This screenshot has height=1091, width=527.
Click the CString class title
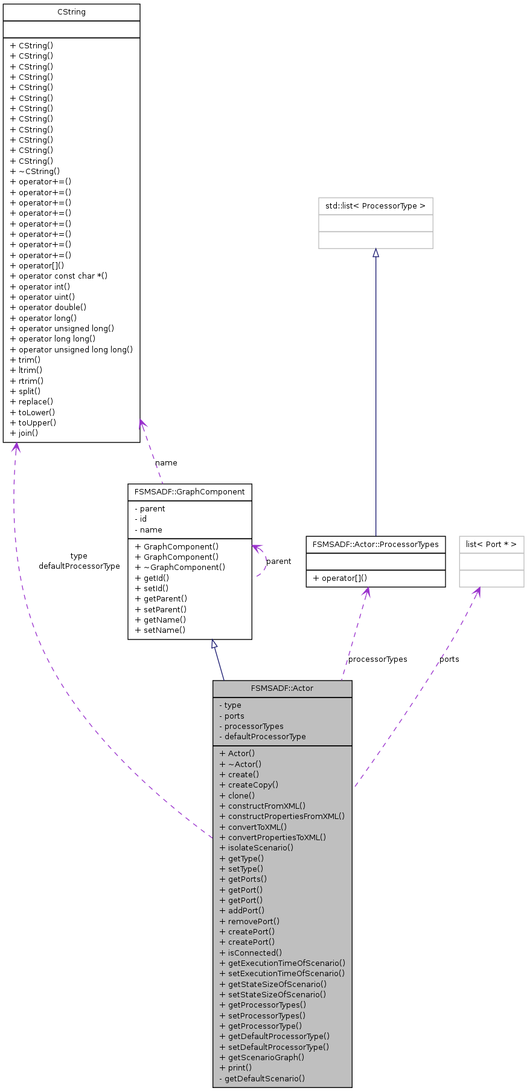(x=71, y=12)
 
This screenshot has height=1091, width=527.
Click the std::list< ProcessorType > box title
(x=375, y=206)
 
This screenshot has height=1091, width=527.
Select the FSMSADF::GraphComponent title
(x=190, y=492)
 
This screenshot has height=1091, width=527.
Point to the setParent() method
(x=165, y=609)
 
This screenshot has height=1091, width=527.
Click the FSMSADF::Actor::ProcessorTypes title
(x=375, y=544)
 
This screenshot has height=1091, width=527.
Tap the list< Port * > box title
(x=491, y=544)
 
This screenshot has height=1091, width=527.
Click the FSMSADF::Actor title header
(x=282, y=688)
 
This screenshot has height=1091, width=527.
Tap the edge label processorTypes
(x=378, y=659)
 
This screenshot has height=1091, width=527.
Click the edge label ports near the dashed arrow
(x=449, y=659)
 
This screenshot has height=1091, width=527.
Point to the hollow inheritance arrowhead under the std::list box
(x=375, y=253)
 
